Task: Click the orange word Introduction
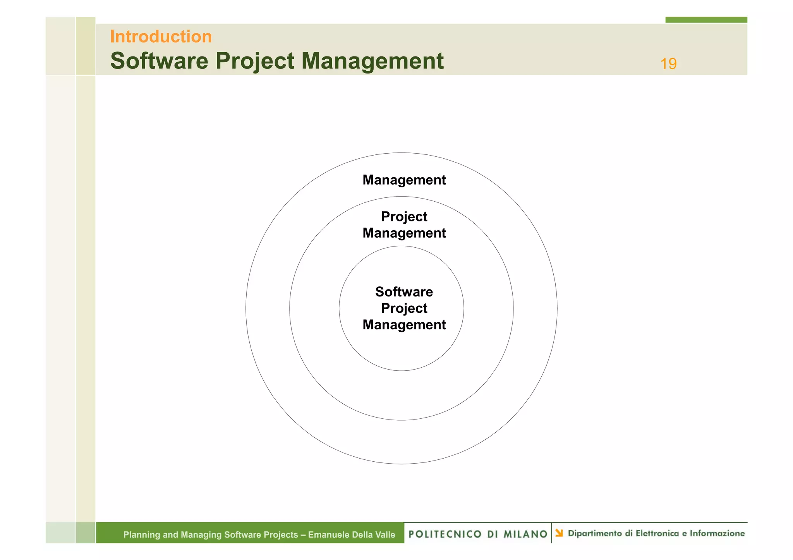pyautogui.click(x=161, y=37)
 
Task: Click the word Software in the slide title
pyautogui.click(x=159, y=61)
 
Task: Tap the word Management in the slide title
pyautogui.click(x=372, y=61)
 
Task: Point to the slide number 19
pyautogui.click(x=668, y=64)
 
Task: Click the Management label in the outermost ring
pyautogui.click(x=404, y=180)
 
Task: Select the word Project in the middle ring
pyautogui.click(x=404, y=217)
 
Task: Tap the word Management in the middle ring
pyautogui.click(x=404, y=233)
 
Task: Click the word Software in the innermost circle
pyautogui.click(x=404, y=292)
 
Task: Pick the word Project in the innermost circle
pyautogui.click(x=404, y=308)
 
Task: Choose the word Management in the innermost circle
pyautogui.click(x=404, y=325)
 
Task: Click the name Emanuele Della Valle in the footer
pyautogui.click(x=351, y=535)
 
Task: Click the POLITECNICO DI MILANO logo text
pyautogui.click(x=478, y=534)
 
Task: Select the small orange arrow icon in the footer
pyautogui.click(x=559, y=533)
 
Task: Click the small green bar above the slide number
pyautogui.click(x=706, y=20)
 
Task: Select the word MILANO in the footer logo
pyautogui.click(x=525, y=534)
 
